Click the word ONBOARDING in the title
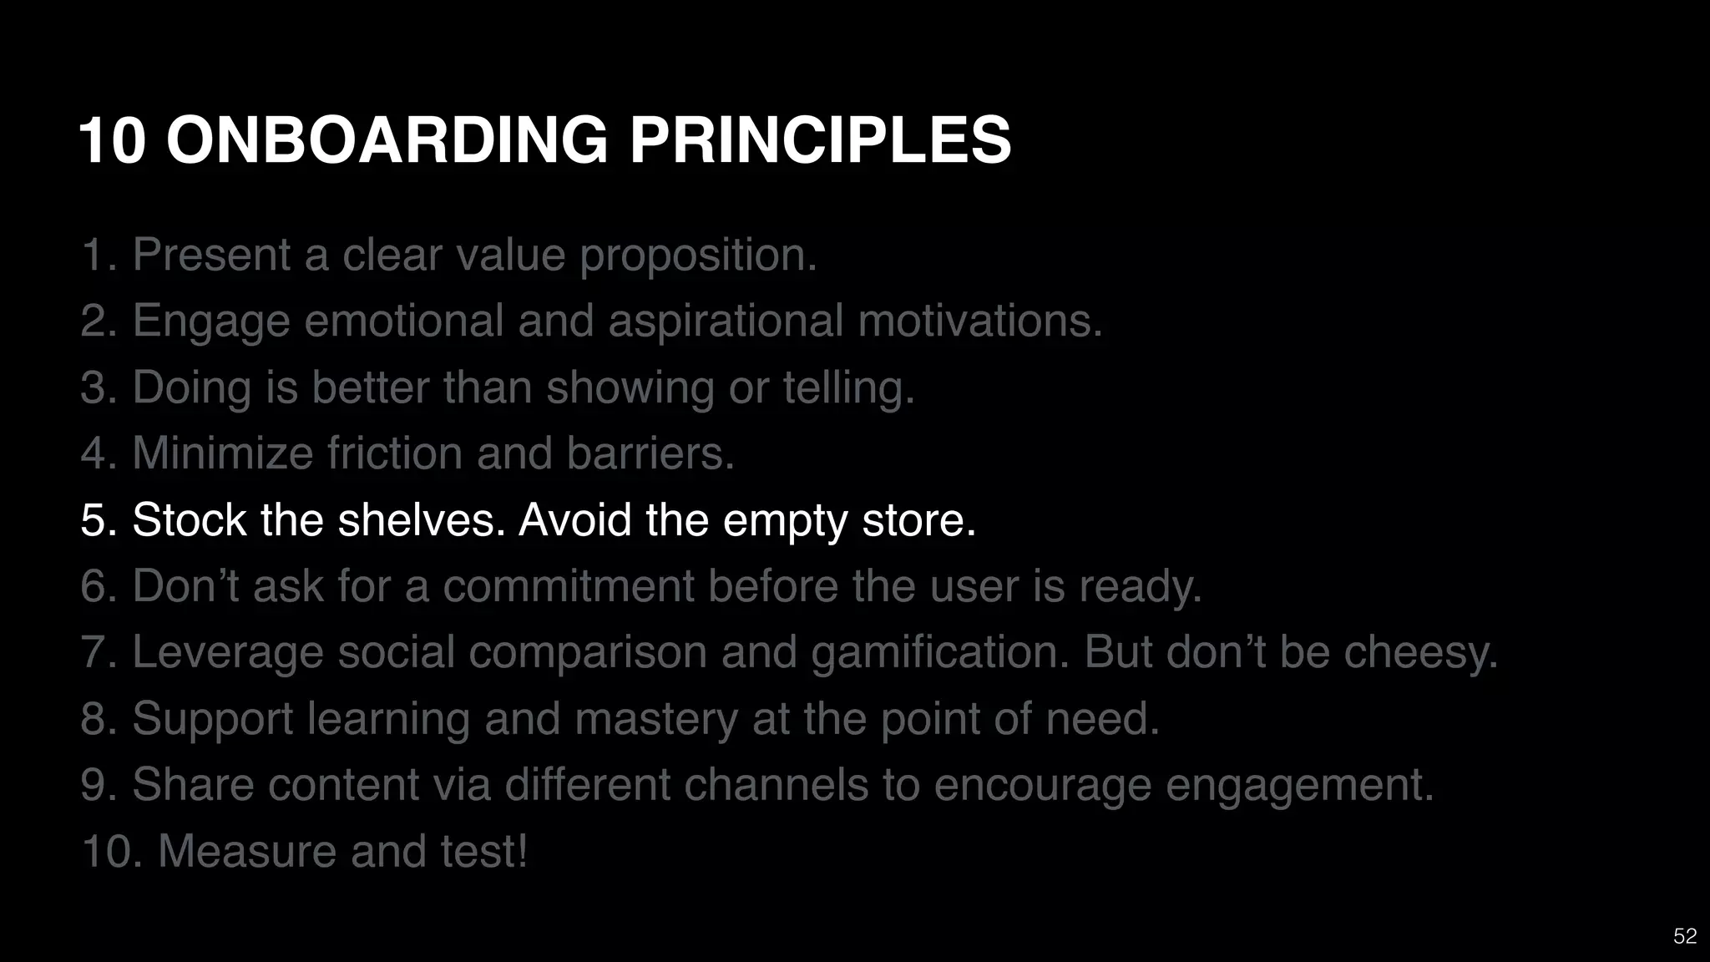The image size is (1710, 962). click(387, 140)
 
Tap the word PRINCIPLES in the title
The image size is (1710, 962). click(820, 140)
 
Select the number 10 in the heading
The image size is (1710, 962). click(113, 140)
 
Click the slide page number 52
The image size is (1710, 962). click(1685, 936)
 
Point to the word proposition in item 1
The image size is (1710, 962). click(698, 256)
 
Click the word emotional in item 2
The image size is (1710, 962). click(403, 321)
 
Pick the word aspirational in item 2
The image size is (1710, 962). click(726, 322)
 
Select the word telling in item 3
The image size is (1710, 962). click(848, 388)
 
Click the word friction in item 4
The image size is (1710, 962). click(394, 453)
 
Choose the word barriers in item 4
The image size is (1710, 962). click(650, 453)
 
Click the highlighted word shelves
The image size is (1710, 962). click(422, 519)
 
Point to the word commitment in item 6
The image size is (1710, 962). click(568, 585)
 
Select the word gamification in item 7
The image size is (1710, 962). click(940, 652)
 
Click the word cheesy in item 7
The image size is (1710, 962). click(1420, 652)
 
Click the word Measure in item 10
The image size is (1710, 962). click(247, 851)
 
